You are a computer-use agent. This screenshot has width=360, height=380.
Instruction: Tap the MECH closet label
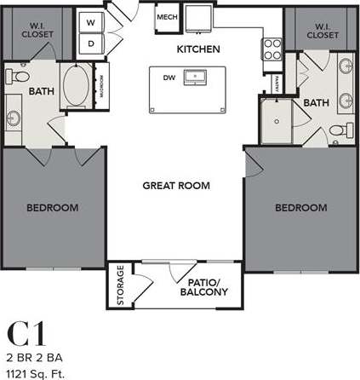[x=165, y=17]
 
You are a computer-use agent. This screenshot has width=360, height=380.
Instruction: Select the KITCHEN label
[x=198, y=49]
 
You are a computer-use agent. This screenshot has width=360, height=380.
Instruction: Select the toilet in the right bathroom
[x=338, y=130]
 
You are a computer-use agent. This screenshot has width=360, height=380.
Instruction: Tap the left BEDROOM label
[x=52, y=207]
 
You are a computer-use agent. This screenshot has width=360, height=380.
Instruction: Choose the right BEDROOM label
[x=300, y=207]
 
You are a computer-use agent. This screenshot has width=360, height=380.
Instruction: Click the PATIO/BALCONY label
[x=205, y=288]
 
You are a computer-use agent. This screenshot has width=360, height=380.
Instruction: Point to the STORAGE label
[x=120, y=285]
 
